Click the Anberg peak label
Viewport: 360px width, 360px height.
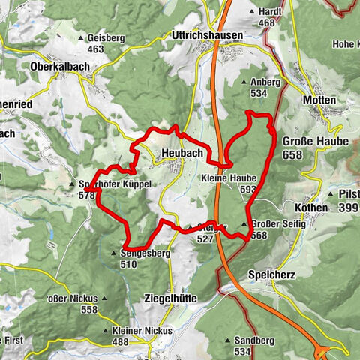point(265,82)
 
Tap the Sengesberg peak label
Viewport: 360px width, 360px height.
point(145,253)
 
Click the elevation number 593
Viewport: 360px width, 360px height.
point(248,189)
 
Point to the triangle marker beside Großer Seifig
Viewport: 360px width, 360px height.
point(244,224)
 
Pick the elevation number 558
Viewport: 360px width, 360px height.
point(89,309)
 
